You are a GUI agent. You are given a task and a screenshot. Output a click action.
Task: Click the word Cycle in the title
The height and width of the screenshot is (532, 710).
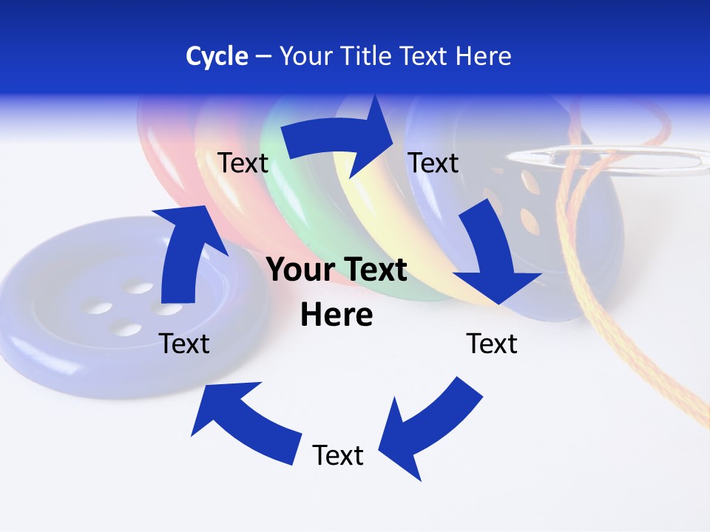click(x=217, y=56)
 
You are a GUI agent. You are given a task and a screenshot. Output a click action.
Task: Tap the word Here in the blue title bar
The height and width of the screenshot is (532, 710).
click(x=483, y=56)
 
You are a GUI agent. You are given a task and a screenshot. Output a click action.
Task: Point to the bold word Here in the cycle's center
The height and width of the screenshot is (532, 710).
click(x=337, y=316)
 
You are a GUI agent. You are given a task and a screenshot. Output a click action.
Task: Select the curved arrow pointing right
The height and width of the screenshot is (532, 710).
click(x=340, y=140)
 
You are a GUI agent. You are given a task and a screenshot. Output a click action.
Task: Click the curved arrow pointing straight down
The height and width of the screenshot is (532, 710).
click(x=488, y=251)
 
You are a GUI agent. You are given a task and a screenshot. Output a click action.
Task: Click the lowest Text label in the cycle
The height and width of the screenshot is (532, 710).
click(x=338, y=455)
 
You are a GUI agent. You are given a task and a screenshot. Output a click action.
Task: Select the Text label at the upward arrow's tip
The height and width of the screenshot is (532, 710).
click(x=243, y=163)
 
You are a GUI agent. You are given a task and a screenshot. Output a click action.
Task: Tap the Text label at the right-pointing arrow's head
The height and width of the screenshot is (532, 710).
click(x=433, y=163)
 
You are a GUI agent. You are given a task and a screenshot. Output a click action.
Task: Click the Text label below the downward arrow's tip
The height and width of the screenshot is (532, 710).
click(x=492, y=344)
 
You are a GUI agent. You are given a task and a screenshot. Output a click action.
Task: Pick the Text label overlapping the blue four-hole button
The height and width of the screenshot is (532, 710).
click(x=185, y=344)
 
